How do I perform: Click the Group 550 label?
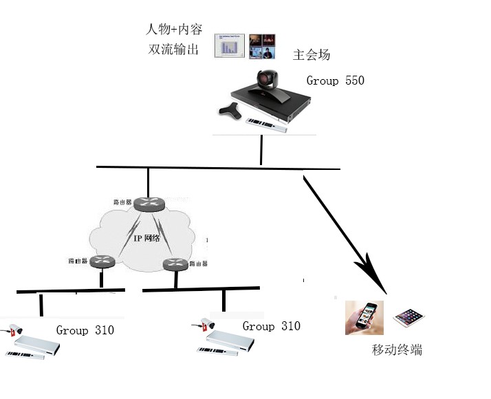[335, 80]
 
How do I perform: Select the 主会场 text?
[312, 54]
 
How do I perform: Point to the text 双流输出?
[173, 50]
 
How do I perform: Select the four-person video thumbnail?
[262, 45]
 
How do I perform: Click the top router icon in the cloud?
[147, 204]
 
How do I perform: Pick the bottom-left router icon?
[102, 262]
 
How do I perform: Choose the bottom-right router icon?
[175, 263]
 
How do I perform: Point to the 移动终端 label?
[397, 350]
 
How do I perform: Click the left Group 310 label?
[85, 330]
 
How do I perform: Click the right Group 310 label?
[271, 326]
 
